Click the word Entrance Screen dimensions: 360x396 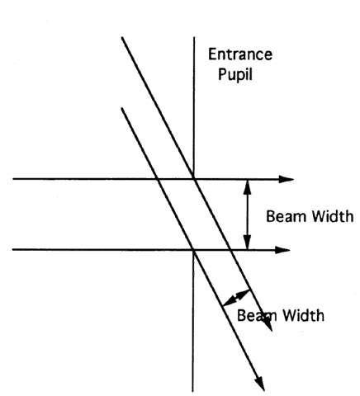240,54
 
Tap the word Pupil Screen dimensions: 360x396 235,74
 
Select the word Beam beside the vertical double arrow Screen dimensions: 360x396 287,216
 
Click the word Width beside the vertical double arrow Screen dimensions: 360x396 333,216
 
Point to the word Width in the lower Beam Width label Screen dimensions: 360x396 304,315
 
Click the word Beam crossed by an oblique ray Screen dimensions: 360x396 257,315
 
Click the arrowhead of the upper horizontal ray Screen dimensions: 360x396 287,179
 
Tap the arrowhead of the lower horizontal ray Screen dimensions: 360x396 282,250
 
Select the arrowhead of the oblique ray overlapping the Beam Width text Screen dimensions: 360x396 267,324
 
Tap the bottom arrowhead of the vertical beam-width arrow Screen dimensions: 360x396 248,243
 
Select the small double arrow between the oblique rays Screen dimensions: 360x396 236,297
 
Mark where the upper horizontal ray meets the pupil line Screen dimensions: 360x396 194,179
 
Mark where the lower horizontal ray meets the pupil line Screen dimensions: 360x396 194,250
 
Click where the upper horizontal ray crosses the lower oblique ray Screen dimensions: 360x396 158,179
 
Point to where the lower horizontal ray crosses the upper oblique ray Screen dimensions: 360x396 230,250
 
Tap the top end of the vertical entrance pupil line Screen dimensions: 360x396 194,37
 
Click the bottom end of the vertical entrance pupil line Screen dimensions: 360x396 193,391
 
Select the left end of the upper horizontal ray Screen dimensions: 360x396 13,179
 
